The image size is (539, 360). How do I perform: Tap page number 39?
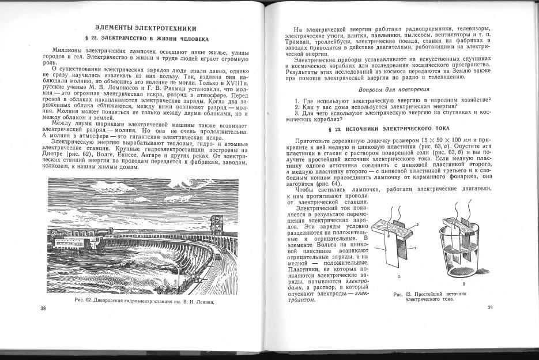[x=490, y=307]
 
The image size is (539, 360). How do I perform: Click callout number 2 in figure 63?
[x=417, y=223]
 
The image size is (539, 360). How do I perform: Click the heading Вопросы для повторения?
[x=393, y=89]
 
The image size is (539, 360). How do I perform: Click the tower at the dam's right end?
[x=217, y=225]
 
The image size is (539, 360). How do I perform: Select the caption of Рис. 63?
[x=429, y=296]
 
